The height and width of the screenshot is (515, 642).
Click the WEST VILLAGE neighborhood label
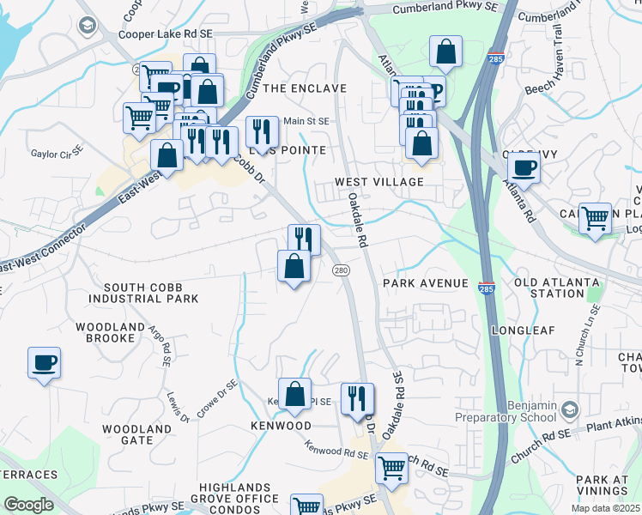pos(379,182)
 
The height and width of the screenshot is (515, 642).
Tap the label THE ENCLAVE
pos(304,88)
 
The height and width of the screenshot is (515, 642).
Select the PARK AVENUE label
pos(426,283)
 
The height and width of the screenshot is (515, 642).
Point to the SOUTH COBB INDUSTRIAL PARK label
pos(150,293)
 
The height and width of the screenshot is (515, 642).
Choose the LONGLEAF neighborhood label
pos(524,330)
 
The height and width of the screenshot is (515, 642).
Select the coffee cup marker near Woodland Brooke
pos(44,362)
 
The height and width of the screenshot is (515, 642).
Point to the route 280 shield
pos(341,270)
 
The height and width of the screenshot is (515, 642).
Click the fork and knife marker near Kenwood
pos(356,398)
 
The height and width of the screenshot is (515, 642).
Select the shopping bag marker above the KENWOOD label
pos(294,394)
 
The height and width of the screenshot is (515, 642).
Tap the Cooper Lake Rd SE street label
pos(165,33)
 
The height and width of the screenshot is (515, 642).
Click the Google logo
pos(29,505)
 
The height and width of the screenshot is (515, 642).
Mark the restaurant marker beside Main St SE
pos(259,131)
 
